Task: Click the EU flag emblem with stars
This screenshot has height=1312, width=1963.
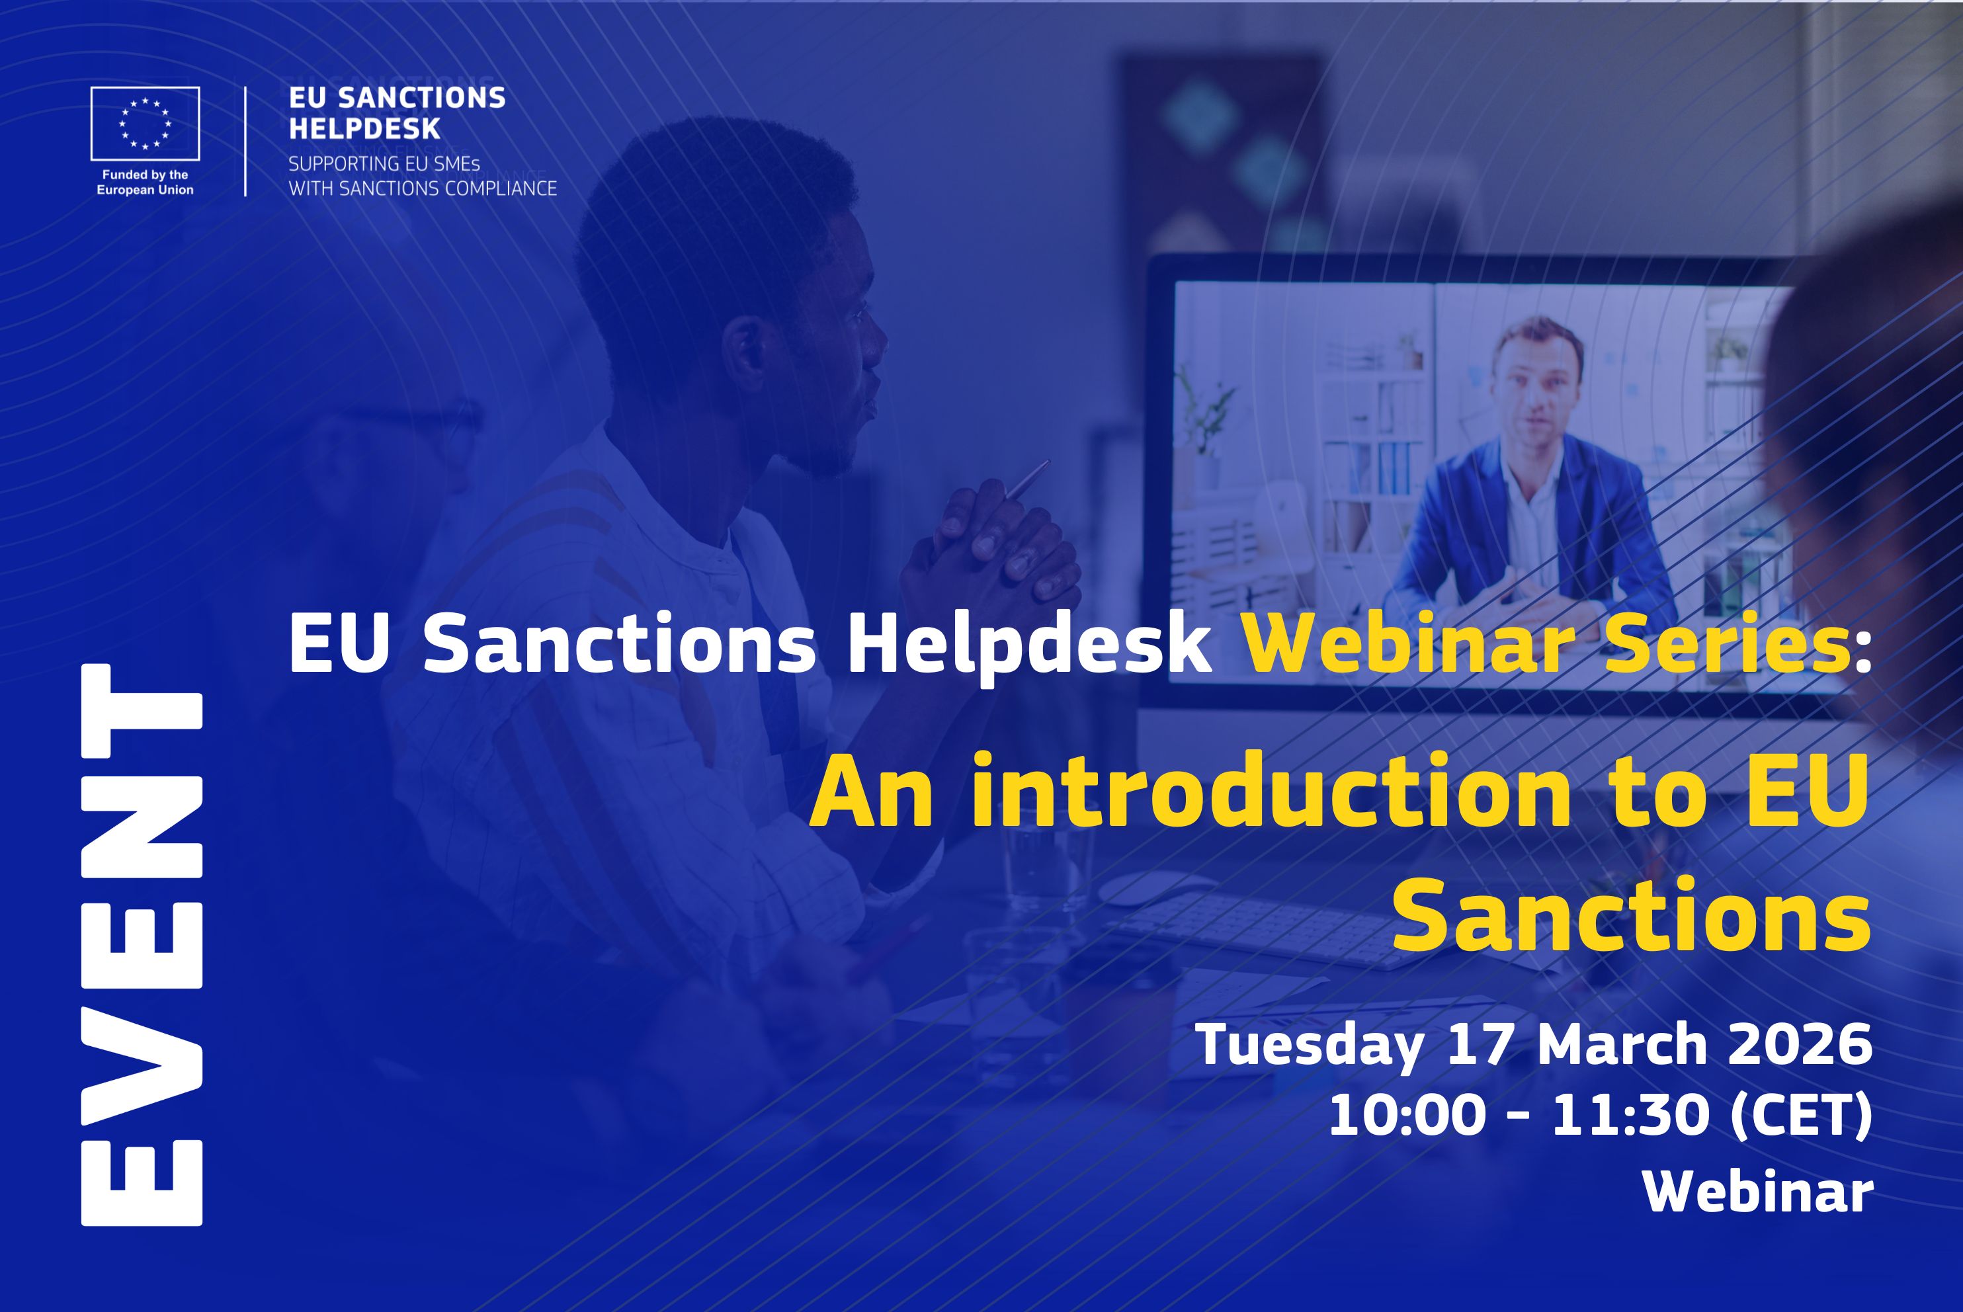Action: [145, 124]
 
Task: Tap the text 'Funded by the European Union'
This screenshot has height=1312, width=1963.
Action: [145, 183]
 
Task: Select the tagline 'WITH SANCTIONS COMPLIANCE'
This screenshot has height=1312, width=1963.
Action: [423, 189]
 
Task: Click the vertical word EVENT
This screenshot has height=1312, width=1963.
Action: [142, 945]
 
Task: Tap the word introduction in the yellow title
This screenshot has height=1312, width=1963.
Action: [1272, 791]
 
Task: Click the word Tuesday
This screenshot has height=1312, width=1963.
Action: [1310, 1047]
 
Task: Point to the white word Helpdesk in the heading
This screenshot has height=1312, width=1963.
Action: [1029, 647]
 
